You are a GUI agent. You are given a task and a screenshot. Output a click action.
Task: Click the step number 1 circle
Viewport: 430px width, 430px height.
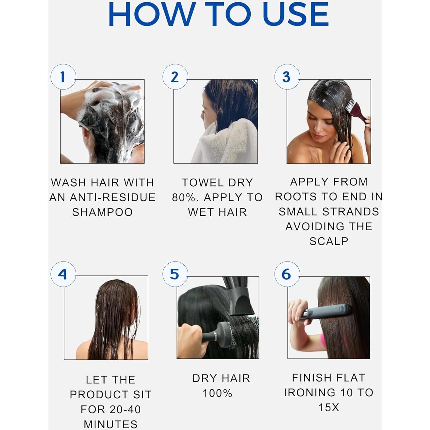point(63,77)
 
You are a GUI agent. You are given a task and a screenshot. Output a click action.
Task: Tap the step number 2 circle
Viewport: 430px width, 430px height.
point(175,77)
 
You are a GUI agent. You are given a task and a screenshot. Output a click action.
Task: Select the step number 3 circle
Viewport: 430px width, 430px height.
point(287,77)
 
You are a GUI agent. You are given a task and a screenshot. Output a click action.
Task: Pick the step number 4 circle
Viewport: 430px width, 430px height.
point(63,274)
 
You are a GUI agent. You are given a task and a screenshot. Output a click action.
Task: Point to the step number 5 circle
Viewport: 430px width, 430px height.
point(175,274)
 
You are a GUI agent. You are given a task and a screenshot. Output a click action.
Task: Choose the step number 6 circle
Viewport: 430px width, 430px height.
point(287,274)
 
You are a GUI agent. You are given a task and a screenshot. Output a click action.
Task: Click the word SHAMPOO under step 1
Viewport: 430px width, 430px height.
point(102,212)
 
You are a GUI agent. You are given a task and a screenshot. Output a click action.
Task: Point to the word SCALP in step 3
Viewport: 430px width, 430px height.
point(329,241)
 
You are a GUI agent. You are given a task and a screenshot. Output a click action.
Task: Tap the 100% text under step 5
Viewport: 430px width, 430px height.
point(217,393)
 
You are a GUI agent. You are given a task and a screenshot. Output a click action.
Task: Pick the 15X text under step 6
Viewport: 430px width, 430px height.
point(329,407)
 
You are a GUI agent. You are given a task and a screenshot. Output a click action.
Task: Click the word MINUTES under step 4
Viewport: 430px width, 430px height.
point(111,424)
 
